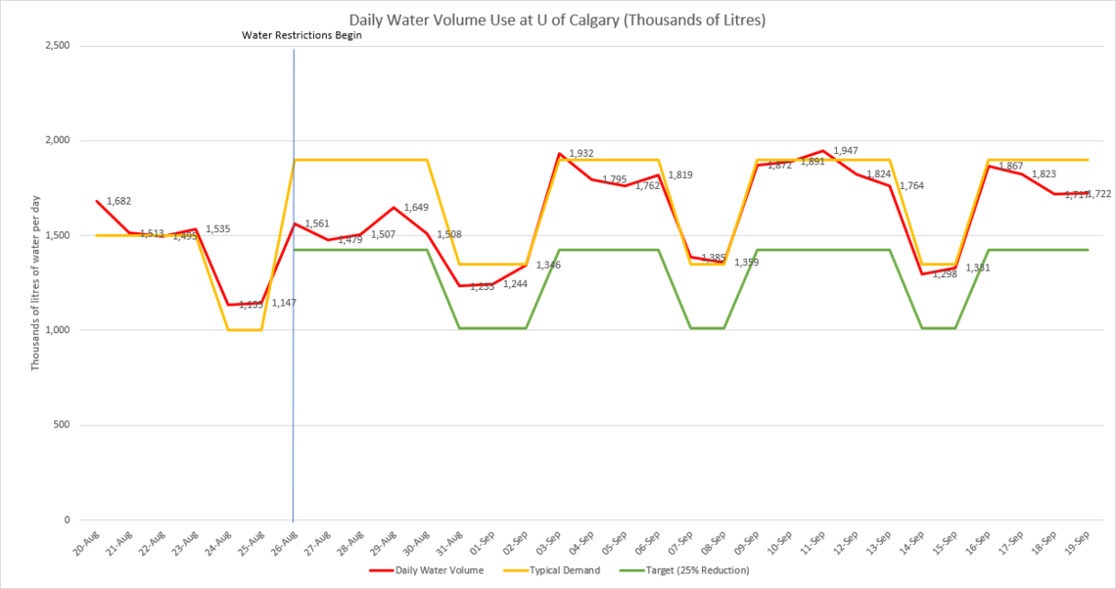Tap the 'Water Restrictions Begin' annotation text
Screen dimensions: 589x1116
coord(302,36)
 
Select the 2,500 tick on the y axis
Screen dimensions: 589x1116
coord(54,46)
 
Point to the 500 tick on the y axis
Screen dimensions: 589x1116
coord(62,425)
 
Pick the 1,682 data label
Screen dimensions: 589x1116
coord(118,201)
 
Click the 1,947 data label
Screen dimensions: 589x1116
coord(845,150)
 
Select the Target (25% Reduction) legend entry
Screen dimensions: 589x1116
coord(705,569)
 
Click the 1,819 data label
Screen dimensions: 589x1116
coord(680,174)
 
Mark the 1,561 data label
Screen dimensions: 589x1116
coord(317,223)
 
